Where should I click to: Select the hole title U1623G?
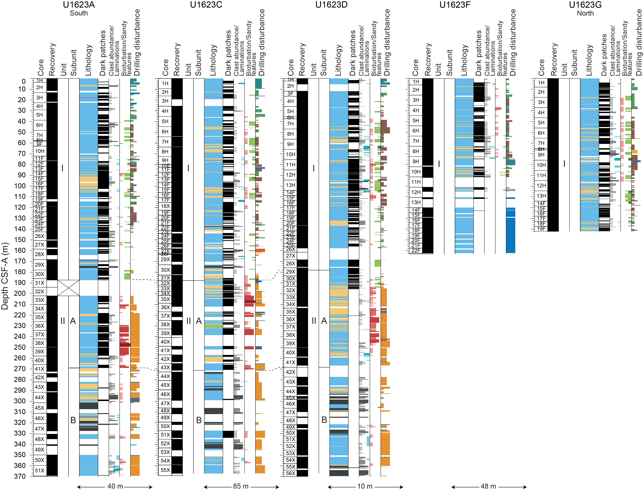pos(585,5)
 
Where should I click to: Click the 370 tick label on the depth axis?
pos(20,476)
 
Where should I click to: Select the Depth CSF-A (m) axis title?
pos(5,276)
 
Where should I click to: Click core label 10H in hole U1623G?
pos(541,165)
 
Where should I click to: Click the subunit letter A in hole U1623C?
pos(199,321)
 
